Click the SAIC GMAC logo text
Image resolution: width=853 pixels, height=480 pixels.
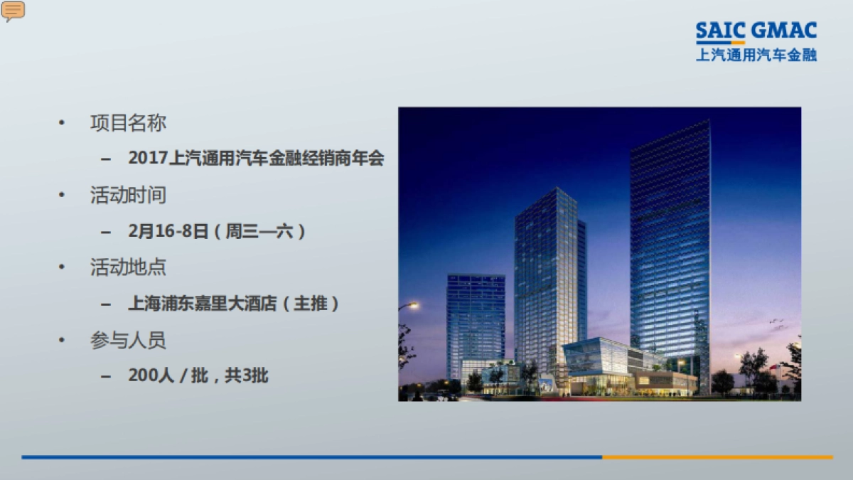[x=756, y=31]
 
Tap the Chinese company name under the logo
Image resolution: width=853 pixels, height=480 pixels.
[x=756, y=55]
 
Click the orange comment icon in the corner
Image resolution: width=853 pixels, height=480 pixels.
[x=13, y=10]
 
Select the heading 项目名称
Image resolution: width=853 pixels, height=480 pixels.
[x=128, y=123]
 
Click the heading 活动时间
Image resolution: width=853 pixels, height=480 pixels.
[x=128, y=196]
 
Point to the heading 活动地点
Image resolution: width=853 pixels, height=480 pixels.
[x=128, y=268]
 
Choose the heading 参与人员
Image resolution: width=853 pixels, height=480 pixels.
[x=128, y=341]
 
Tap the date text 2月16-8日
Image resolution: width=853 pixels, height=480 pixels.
[x=168, y=231]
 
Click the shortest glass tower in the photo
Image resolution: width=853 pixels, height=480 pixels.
[x=476, y=320]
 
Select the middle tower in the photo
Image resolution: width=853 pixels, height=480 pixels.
[x=547, y=277]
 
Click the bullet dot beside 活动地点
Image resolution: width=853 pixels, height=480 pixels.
[x=63, y=268]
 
